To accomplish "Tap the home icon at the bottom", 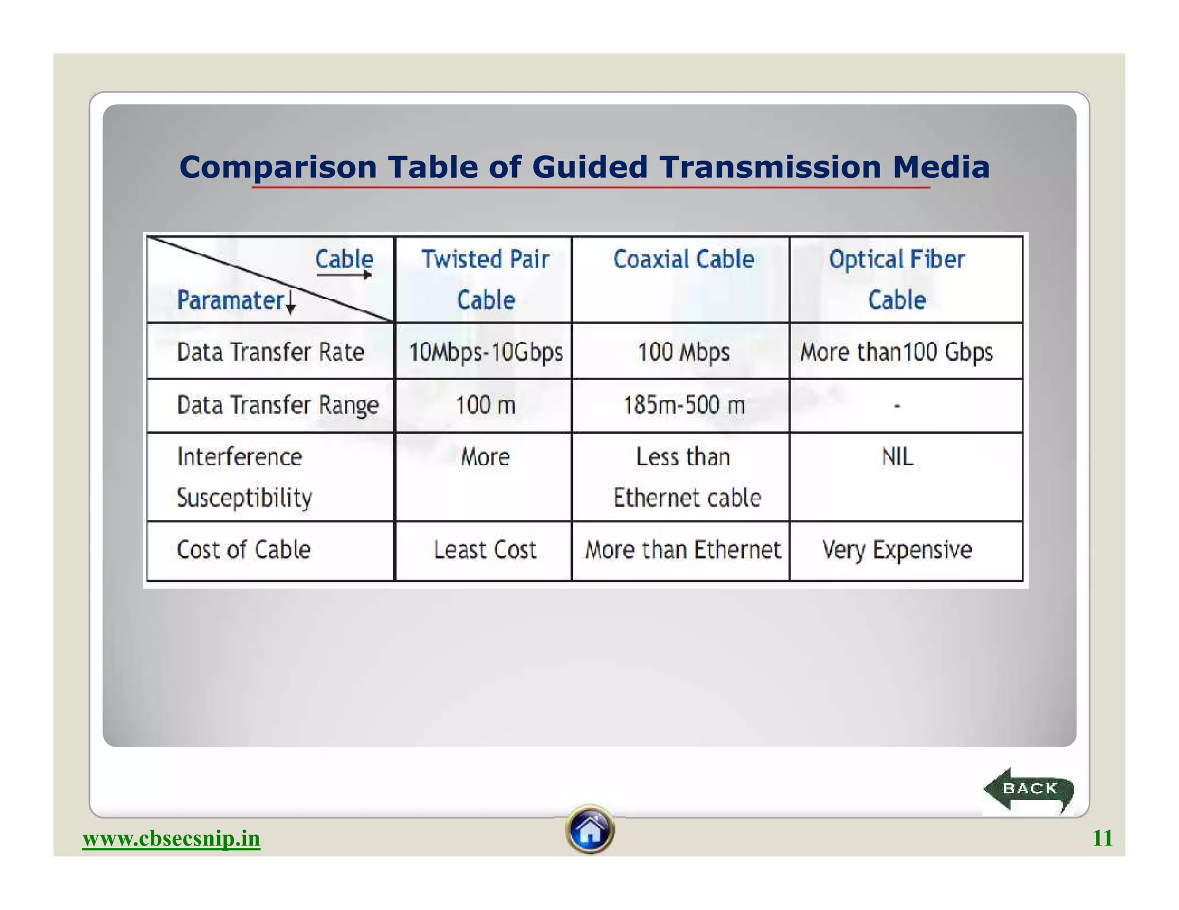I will [x=589, y=829].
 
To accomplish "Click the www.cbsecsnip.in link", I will [x=171, y=838].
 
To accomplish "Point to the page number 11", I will [x=1102, y=838].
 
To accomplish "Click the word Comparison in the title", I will [x=277, y=167].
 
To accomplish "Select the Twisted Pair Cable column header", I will [x=485, y=280].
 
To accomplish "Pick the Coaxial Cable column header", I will [x=683, y=259].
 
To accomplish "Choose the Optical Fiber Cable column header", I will [x=896, y=280].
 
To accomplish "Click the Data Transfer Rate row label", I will [x=270, y=352].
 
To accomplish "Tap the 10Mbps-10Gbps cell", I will [x=485, y=352].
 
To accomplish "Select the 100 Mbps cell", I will [x=683, y=352].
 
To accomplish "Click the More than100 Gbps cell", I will [x=896, y=352].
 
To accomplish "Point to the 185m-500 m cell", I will [x=683, y=406].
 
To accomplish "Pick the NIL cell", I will [x=897, y=457].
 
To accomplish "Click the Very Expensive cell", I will [x=896, y=550].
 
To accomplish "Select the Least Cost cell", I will [x=485, y=550].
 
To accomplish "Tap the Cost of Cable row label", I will [x=244, y=550].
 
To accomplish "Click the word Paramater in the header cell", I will [x=230, y=300].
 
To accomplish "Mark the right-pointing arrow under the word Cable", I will [x=344, y=275].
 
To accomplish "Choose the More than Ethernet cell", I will [x=683, y=550].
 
